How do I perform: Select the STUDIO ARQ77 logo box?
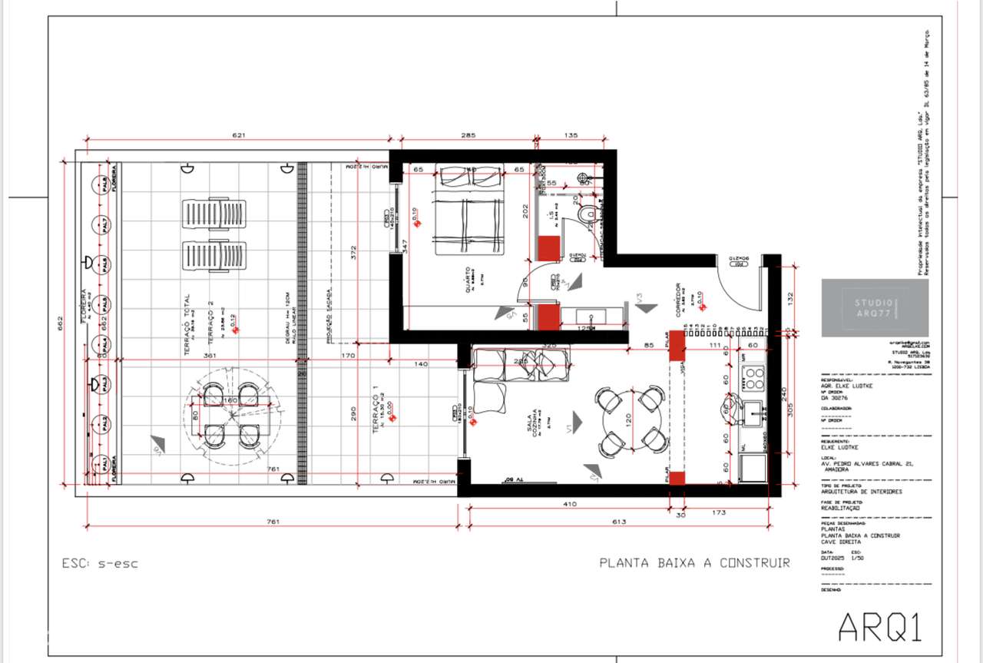[875, 307]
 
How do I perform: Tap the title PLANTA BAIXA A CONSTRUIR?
[694, 563]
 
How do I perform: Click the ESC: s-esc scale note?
[100, 563]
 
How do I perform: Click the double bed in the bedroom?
[470, 209]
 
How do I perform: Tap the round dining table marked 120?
[631, 419]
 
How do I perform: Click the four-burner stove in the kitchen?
[753, 378]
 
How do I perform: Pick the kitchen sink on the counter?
[753, 411]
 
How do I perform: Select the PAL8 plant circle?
[100, 184]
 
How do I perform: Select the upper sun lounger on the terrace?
[213, 214]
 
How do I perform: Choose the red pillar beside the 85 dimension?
[677, 345]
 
